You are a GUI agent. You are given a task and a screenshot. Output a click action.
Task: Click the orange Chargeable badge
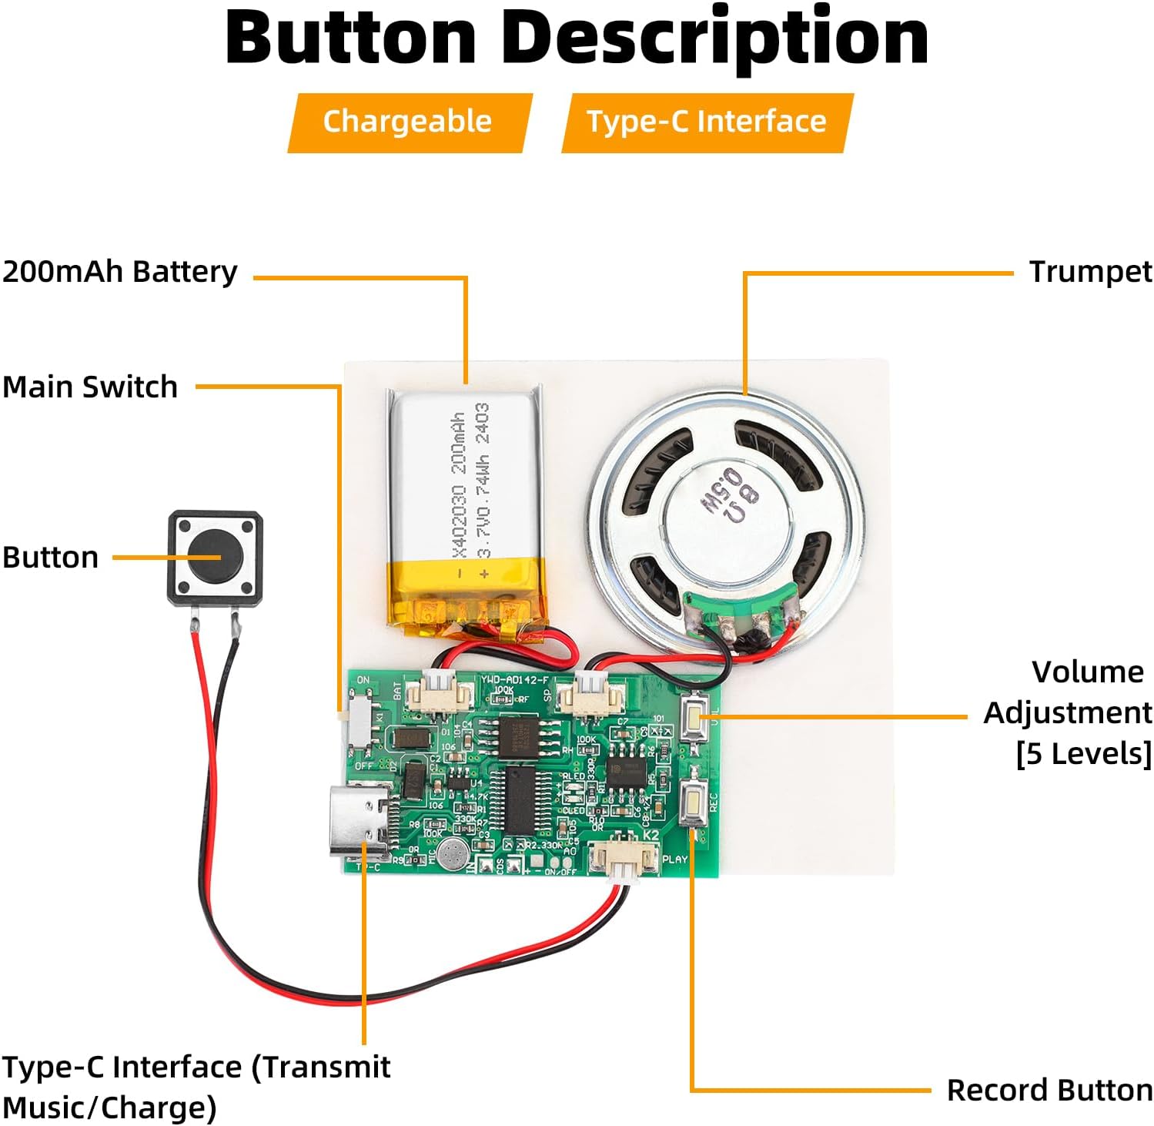(x=408, y=122)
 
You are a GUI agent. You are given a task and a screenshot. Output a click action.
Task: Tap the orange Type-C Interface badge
(x=706, y=122)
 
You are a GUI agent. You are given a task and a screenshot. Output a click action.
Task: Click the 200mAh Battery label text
(x=120, y=272)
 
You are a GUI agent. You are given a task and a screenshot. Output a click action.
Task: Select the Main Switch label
(x=90, y=387)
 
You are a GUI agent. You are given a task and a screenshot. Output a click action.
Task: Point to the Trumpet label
(x=1090, y=272)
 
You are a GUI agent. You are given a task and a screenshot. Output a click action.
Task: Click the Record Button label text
(x=1049, y=1090)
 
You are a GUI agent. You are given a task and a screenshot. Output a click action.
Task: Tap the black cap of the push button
(x=216, y=557)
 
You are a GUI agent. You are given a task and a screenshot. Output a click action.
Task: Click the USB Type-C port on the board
(x=360, y=822)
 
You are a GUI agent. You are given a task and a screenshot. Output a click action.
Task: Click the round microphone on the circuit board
(x=453, y=854)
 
